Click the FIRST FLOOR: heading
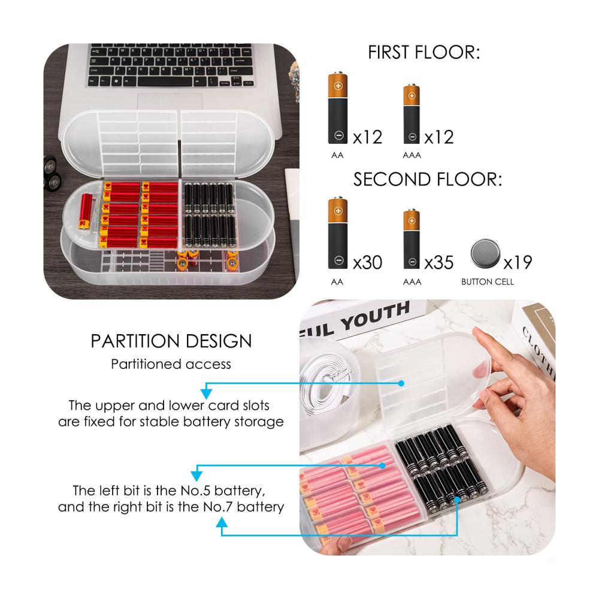click(423, 52)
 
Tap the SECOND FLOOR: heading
click(428, 179)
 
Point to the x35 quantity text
click(439, 262)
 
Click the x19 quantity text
click(518, 262)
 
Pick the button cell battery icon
click(485, 253)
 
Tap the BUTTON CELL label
click(488, 282)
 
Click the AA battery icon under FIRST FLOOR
click(338, 108)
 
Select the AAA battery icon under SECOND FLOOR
click(412, 239)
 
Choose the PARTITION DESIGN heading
click(171, 341)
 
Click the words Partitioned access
click(171, 364)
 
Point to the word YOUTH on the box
click(375, 316)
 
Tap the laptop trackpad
click(170, 102)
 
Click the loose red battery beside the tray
click(86, 212)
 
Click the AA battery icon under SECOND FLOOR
click(338, 233)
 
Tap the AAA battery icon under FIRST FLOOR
click(412, 114)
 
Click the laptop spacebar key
click(165, 81)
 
